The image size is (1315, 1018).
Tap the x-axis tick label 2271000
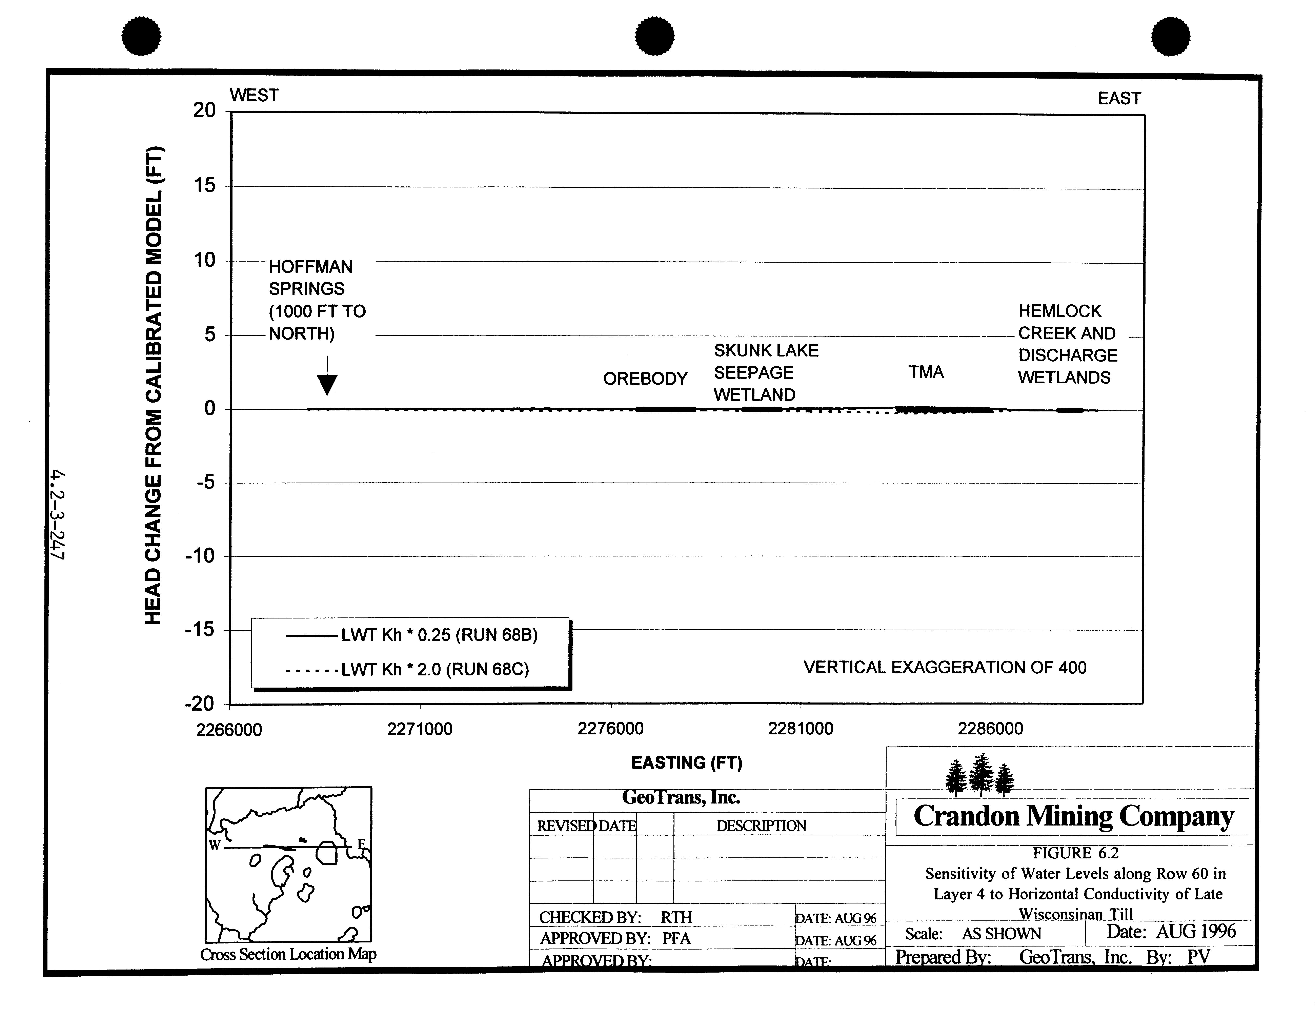420,729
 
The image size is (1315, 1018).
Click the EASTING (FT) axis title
686,763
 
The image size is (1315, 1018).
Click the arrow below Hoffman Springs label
327,376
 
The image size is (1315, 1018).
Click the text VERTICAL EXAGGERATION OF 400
945,667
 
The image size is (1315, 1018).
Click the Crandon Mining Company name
1074,816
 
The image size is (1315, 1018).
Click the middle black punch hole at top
655,36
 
